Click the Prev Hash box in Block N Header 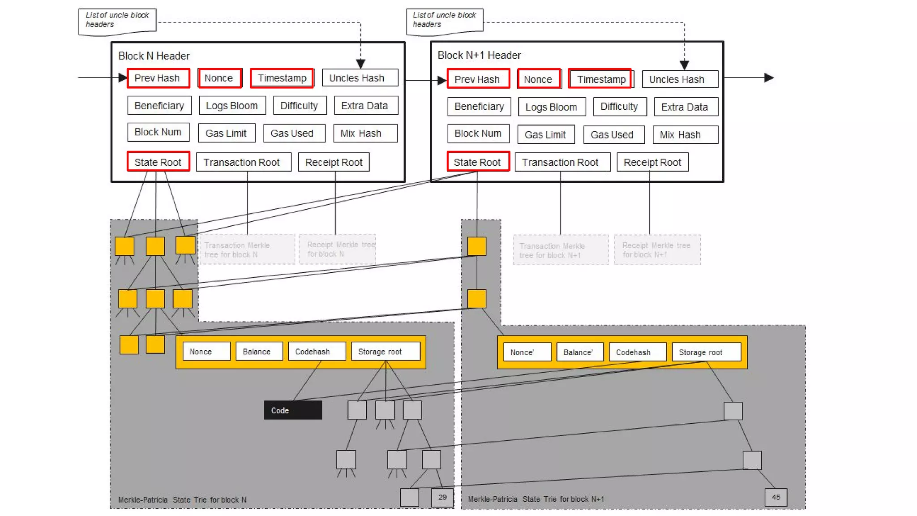pyautogui.click(x=158, y=78)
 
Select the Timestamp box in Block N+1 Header pyautogui.click(x=600, y=79)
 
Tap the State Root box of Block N pyautogui.click(x=158, y=162)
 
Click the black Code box pyautogui.click(x=293, y=410)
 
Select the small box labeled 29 pyautogui.click(x=442, y=497)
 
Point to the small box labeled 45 pyautogui.click(x=776, y=497)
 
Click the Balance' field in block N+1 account pyautogui.click(x=579, y=352)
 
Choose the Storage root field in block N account pyautogui.click(x=385, y=352)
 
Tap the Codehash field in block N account pyautogui.click(x=317, y=352)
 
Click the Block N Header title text pyautogui.click(x=154, y=56)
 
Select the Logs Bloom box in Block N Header pyautogui.click(x=232, y=106)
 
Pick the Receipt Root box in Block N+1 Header pyautogui.click(x=652, y=162)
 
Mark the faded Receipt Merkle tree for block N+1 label pyautogui.click(x=656, y=250)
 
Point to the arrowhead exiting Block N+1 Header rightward pyautogui.click(x=769, y=77)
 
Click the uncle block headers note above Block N pyautogui.click(x=117, y=20)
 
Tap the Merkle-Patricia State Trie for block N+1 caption pyautogui.click(x=536, y=499)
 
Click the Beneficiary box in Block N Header pyautogui.click(x=159, y=106)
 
